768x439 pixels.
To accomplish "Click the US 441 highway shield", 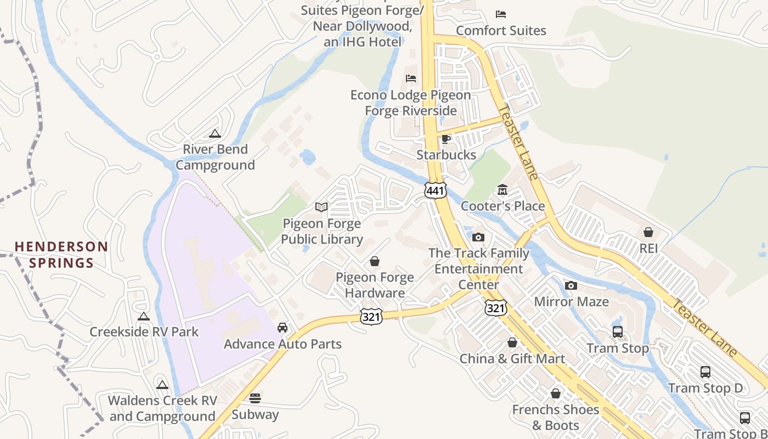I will [435, 190].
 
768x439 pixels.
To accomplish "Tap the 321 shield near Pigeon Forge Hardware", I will [371, 316].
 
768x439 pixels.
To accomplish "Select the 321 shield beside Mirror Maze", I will [495, 308].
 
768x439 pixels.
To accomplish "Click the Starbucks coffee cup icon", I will [446, 139].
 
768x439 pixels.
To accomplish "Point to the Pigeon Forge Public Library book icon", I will [321, 207].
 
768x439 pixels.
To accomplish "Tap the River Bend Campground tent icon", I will [214, 133].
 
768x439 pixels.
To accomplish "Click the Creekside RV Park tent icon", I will [144, 316].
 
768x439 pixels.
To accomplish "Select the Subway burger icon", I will [255, 398].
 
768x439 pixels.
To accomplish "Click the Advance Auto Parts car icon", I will [283, 328].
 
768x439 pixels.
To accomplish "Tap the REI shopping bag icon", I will [648, 232].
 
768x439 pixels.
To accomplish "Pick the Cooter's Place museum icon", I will [502, 190].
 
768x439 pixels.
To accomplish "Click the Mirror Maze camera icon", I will [571, 285].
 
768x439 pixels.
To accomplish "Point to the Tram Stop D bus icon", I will [705, 372].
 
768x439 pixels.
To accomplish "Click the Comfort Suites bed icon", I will [501, 14].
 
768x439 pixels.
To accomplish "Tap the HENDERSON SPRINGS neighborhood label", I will [61, 255].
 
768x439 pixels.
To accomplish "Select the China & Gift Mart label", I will [512, 359].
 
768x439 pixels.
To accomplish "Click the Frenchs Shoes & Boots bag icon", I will [556, 393].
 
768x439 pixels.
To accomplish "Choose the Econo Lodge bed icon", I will [411, 78].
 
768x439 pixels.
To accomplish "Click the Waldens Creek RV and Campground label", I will [162, 408].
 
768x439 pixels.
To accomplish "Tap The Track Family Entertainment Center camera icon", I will [478, 237].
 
